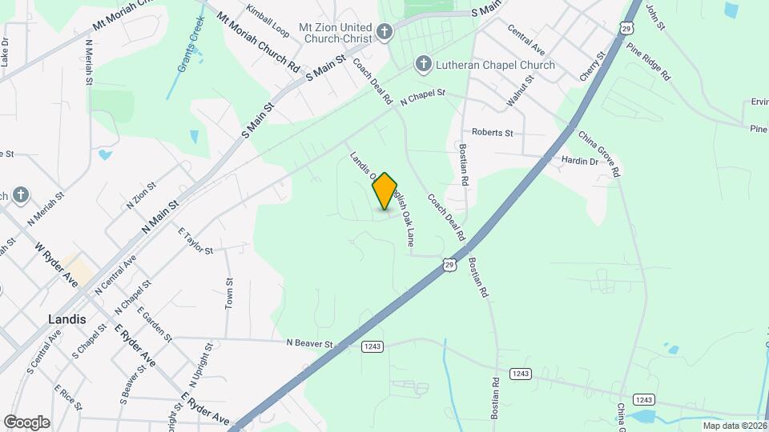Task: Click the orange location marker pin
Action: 385,190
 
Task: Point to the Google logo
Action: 26,422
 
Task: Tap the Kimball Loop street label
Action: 268,22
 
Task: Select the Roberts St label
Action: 492,132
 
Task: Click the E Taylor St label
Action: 195,242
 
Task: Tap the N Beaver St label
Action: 309,343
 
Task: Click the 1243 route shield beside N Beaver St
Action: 371,346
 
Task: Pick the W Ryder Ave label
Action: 56,266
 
